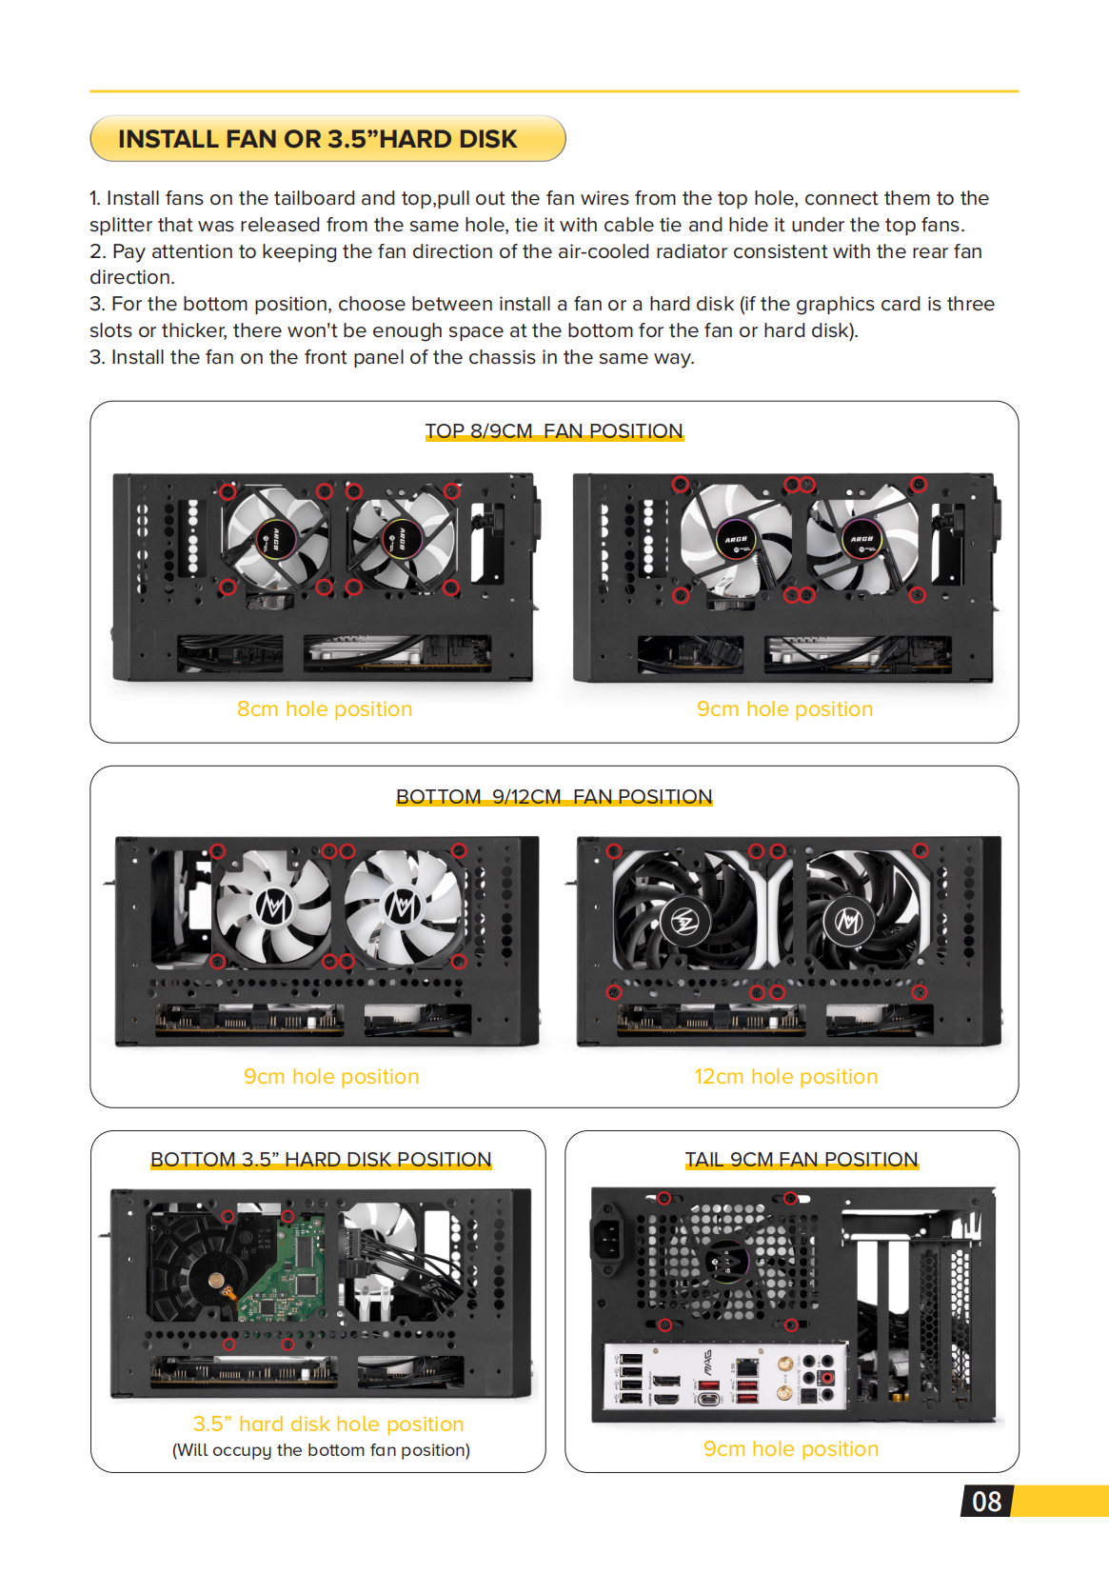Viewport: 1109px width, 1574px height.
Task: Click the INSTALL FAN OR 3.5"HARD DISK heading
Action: (x=317, y=139)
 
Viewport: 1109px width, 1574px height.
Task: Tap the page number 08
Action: (x=986, y=1502)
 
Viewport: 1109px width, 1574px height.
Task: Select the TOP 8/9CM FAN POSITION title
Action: (x=553, y=431)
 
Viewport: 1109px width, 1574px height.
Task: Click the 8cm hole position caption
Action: (x=324, y=709)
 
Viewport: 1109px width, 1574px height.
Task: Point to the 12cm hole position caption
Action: (x=785, y=1077)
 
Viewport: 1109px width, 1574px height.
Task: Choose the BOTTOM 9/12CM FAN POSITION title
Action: (x=553, y=797)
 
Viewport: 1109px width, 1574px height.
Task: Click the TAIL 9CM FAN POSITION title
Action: (x=801, y=1160)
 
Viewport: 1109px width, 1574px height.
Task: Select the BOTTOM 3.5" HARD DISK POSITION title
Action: (x=320, y=1160)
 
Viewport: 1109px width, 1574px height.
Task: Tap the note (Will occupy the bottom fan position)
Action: (x=321, y=1450)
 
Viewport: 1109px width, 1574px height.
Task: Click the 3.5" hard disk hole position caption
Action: (x=327, y=1425)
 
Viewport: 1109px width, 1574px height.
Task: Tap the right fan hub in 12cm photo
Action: (x=848, y=921)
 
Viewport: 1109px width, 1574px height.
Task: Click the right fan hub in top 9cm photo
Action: (x=861, y=539)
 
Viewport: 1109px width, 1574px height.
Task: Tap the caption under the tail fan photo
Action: (x=790, y=1449)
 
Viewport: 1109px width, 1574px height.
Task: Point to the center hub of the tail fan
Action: (x=726, y=1264)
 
